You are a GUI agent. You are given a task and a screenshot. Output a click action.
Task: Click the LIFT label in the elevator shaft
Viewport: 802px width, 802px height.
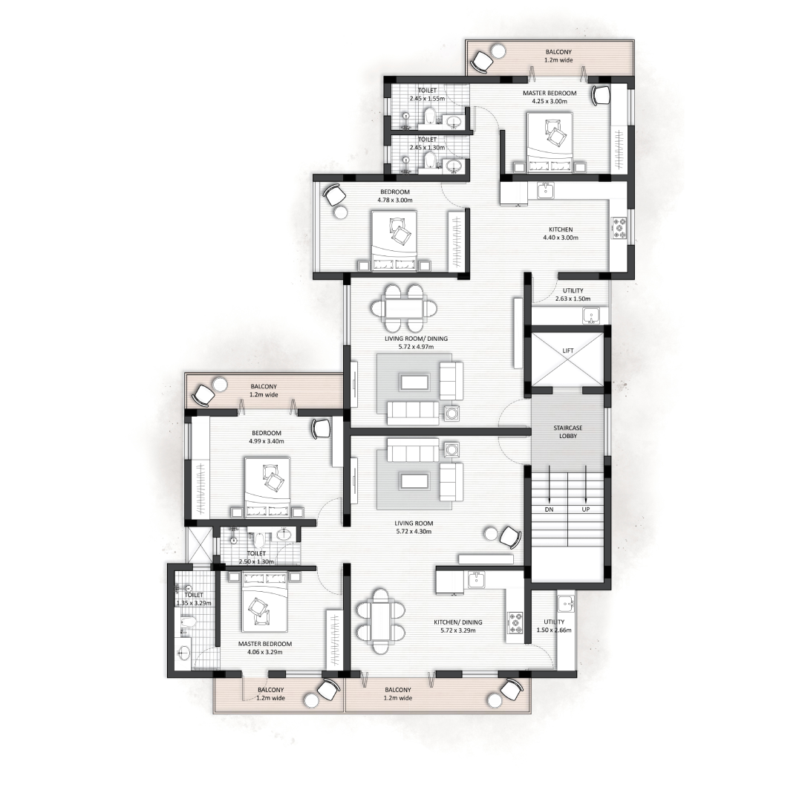[x=568, y=351]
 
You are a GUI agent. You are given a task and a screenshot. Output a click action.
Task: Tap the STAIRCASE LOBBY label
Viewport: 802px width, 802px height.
[x=568, y=431]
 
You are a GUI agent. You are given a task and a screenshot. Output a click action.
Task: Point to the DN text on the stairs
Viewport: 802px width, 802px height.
[x=549, y=509]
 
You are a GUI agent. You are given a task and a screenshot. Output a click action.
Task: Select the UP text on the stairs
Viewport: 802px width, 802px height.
[x=586, y=509]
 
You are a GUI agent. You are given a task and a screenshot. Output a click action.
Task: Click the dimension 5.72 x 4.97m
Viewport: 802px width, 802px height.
[x=417, y=347]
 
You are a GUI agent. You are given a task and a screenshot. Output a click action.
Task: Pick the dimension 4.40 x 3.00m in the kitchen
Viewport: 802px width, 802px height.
[x=561, y=238]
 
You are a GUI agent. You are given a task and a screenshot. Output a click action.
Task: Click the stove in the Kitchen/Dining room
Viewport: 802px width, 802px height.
[x=515, y=623]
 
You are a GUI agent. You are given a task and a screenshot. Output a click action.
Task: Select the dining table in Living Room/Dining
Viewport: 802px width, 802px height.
[x=404, y=309]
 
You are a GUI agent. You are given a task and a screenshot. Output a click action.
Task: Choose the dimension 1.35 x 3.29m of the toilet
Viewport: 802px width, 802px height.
[x=194, y=603]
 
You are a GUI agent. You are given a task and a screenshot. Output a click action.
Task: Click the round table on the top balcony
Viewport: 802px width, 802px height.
[x=499, y=51]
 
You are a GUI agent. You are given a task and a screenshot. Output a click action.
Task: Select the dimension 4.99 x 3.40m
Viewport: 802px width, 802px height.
[x=267, y=441]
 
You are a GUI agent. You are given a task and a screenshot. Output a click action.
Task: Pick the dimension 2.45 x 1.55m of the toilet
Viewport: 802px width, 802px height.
[x=427, y=99]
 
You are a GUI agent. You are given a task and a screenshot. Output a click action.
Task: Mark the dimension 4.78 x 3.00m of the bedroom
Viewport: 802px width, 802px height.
[x=395, y=200]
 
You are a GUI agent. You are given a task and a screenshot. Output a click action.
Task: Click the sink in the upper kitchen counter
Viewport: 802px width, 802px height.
[x=546, y=191]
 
